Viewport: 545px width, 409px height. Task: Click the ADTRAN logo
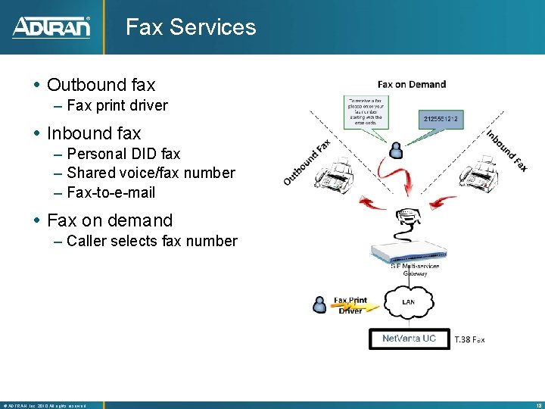[x=51, y=27]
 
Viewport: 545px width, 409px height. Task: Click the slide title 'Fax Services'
[x=191, y=27]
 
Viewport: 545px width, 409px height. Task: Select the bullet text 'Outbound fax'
[x=101, y=85]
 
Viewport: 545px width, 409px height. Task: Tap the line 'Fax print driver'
[x=117, y=105]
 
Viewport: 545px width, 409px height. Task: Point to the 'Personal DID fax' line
[x=123, y=154]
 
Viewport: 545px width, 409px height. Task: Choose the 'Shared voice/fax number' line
[x=151, y=173]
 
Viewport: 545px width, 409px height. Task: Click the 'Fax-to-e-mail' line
[x=111, y=192]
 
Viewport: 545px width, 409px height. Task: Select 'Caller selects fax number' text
[x=151, y=241]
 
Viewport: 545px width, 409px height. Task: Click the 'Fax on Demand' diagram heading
[x=412, y=84]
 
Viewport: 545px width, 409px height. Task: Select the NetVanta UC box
[x=409, y=338]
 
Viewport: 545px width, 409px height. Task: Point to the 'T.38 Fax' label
[x=469, y=340]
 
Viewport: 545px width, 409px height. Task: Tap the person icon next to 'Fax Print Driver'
[x=320, y=304]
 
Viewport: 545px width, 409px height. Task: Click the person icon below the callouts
[x=395, y=149]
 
